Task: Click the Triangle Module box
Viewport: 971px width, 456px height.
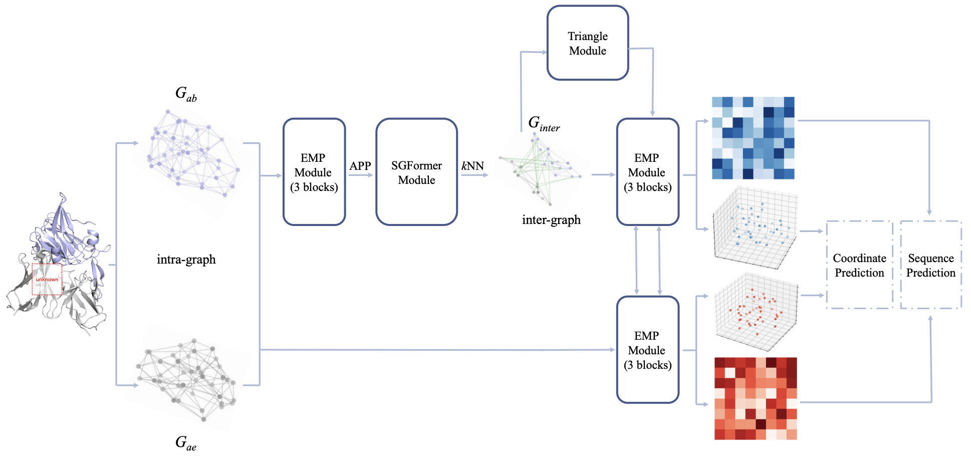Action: pyautogui.click(x=588, y=43)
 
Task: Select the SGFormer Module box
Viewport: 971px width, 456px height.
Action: pyautogui.click(x=416, y=172)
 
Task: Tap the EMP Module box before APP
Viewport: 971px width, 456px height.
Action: pyautogui.click(x=314, y=172)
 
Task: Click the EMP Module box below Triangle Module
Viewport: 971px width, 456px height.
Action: pyautogui.click(x=647, y=172)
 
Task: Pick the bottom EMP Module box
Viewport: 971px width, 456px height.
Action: pyautogui.click(x=647, y=350)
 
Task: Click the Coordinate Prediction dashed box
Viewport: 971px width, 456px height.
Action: pyautogui.click(x=859, y=265)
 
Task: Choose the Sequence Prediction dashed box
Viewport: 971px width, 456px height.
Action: pyautogui.click(x=931, y=265)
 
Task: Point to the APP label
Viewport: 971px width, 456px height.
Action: pyautogui.click(x=360, y=166)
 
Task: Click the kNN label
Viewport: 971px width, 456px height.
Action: pyautogui.click(x=472, y=166)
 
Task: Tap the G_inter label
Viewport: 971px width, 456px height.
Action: pyautogui.click(x=544, y=123)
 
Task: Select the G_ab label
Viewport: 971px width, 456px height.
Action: pyautogui.click(x=186, y=94)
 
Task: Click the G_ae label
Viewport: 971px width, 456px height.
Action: pyautogui.click(x=186, y=442)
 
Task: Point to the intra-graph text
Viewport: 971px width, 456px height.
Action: pyautogui.click(x=186, y=260)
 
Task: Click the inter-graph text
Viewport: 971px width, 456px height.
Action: pyautogui.click(x=551, y=220)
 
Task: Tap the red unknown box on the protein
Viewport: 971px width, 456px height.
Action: pyautogui.click(x=47, y=279)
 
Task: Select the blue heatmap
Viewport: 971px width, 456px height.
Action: pyautogui.click(x=753, y=138)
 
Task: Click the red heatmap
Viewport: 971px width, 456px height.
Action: pyautogui.click(x=756, y=398)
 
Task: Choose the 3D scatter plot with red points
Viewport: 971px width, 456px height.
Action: pyautogui.click(x=756, y=312)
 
